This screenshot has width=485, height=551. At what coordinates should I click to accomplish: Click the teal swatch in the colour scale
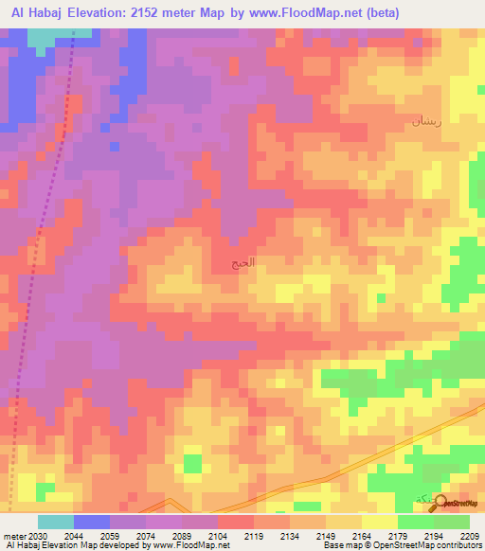[55, 522]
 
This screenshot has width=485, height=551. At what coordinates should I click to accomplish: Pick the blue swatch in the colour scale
[91, 522]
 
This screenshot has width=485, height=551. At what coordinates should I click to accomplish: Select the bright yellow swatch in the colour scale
[379, 522]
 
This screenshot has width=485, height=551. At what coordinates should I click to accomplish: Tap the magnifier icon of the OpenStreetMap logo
[440, 503]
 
